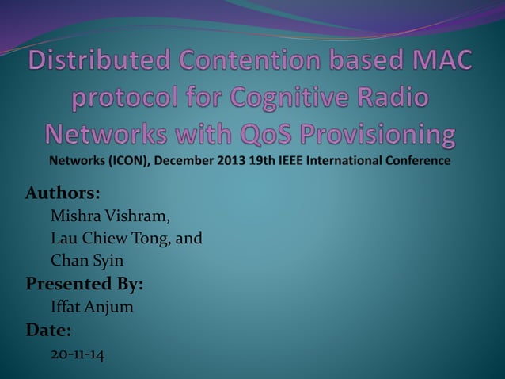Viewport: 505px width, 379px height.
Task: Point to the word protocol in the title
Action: [146, 99]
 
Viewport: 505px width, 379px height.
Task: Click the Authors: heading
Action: [63, 193]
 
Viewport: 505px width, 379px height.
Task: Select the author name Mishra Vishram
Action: [109, 215]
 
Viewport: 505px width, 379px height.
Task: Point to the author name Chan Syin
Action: [86, 259]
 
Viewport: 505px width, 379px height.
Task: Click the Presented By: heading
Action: [84, 283]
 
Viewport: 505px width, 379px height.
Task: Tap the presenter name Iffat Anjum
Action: [91, 307]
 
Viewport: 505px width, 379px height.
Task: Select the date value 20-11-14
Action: [77, 354]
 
